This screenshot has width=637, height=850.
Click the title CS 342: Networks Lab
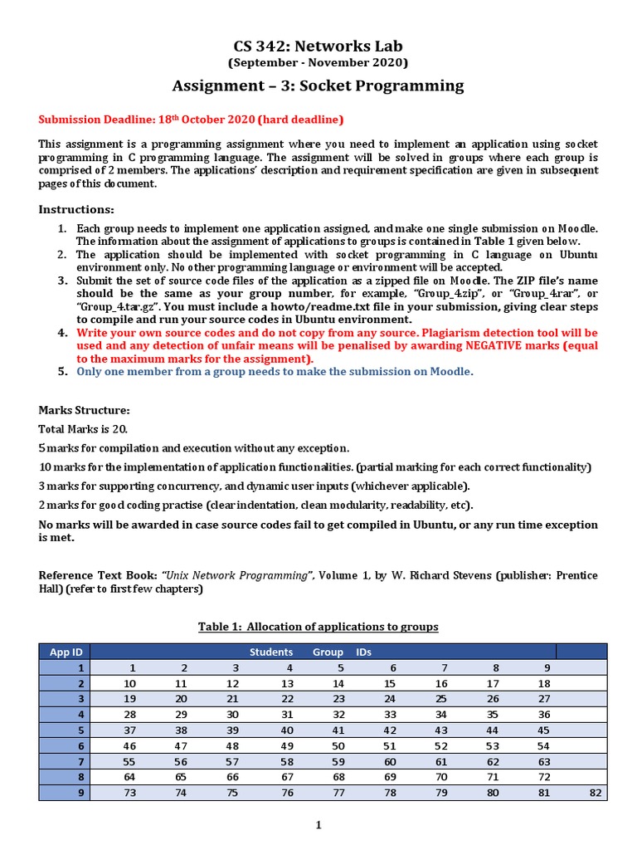[318, 46]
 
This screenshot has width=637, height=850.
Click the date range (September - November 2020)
[318, 63]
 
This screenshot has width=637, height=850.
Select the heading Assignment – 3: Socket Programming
[318, 86]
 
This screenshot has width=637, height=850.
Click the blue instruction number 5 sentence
[275, 371]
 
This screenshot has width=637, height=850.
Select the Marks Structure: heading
[84, 411]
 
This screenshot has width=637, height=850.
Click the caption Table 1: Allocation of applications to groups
[318, 626]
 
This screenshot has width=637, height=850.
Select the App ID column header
[65, 652]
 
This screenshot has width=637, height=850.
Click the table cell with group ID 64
[129, 777]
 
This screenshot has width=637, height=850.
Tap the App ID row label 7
[80, 761]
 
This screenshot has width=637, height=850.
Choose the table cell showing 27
[544, 698]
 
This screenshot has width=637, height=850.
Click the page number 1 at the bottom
[318, 825]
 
